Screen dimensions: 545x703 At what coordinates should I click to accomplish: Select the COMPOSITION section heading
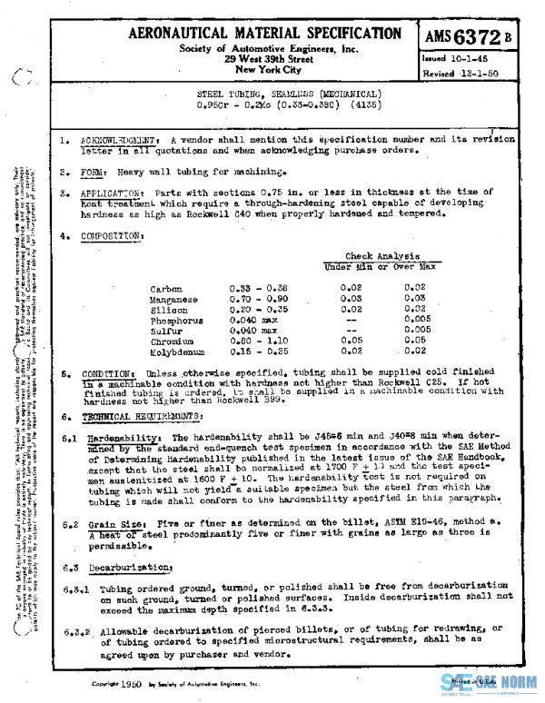(112, 235)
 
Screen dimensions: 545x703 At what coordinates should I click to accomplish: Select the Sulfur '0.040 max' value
(251, 330)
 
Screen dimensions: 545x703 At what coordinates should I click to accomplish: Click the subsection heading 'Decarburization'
(128, 567)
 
